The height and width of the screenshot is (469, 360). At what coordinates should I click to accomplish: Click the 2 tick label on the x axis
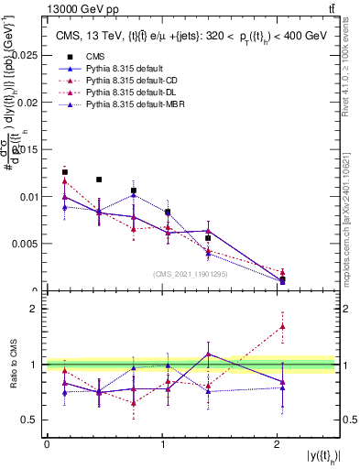pos(278,443)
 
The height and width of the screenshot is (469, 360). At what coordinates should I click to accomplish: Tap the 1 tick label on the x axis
pos(162,443)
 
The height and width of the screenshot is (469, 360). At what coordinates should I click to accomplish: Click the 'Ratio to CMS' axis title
pos(13,365)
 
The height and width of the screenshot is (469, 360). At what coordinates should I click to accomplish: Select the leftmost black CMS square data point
pos(65,172)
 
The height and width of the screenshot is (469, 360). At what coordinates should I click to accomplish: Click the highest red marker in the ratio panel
pos(282,326)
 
